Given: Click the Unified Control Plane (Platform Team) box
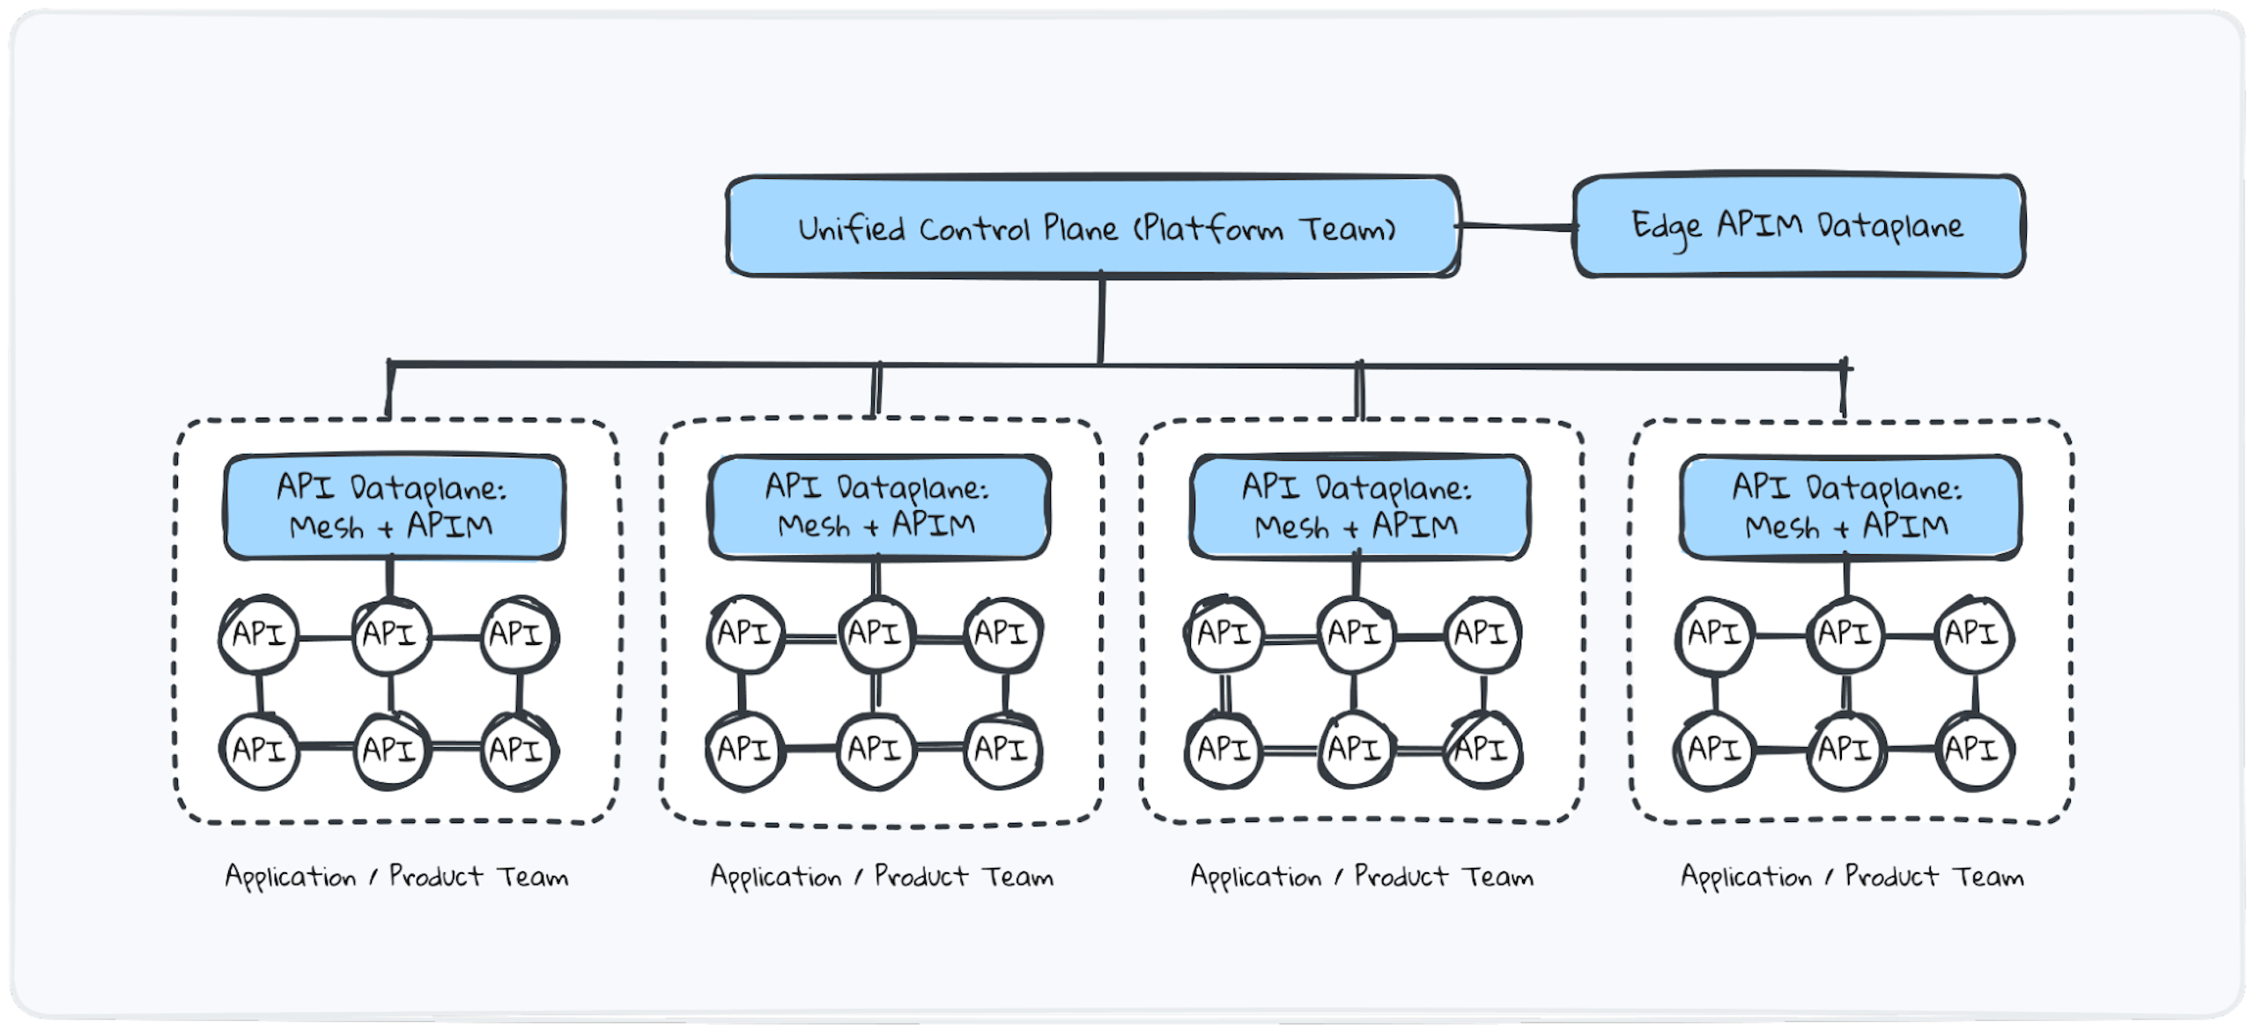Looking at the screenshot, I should [x=1092, y=227].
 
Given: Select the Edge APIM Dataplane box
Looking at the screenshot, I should [x=1798, y=226].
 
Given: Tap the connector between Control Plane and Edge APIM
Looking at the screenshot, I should [x=1515, y=227].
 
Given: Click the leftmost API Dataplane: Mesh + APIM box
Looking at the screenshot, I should [x=394, y=508].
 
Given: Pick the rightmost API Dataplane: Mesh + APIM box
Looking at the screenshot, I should [x=1849, y=508].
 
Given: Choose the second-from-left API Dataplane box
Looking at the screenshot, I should [x=878, y=507].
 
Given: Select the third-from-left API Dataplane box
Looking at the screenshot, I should [x=1358, y=508].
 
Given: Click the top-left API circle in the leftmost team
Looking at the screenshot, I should [x=259, y=634].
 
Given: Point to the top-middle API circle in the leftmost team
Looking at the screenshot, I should [x=390, y=634].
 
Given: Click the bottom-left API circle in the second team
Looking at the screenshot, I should [x=745, y=750].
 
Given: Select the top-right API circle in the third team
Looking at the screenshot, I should [x=1482, y=634].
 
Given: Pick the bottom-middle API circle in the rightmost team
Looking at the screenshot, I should [x=1845, y=750].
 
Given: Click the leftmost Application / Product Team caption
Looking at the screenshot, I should [x=396, y=877].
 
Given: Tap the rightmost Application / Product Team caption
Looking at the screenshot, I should [x=1852, y=877].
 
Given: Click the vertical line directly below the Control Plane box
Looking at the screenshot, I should [x=1101, y=319].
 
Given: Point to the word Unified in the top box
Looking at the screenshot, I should [x=851, y=229].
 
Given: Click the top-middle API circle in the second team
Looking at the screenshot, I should [x=876, y=634].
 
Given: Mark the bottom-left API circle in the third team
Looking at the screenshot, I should [x=1224, y=750].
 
